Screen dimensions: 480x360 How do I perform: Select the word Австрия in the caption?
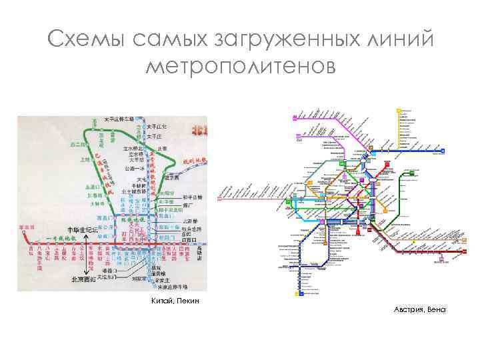pyautogui.click(x=409, y=309)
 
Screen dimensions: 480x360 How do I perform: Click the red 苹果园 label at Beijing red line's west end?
pyautogui.click(x=27, y=228)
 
